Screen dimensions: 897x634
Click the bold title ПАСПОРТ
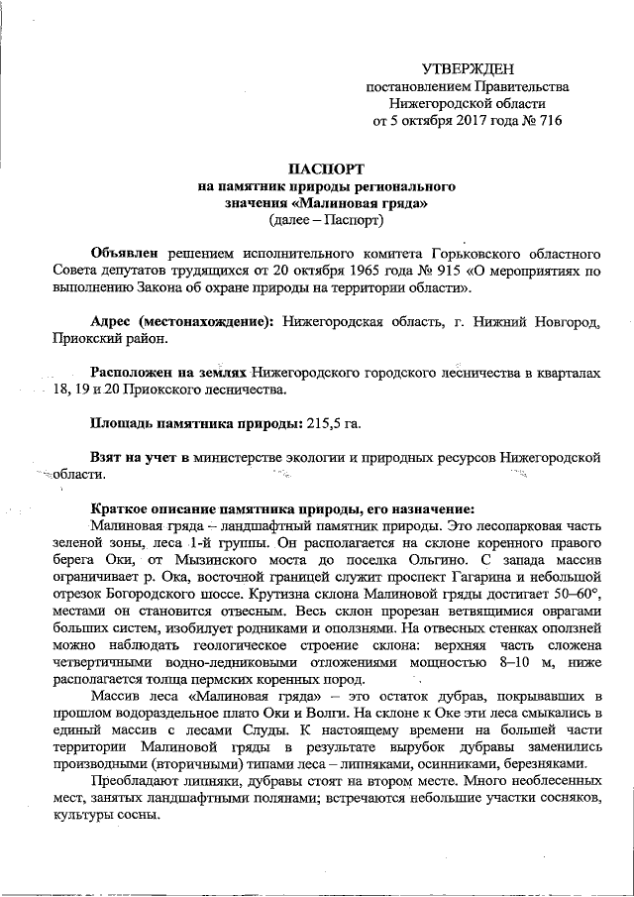tap(326, 168)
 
